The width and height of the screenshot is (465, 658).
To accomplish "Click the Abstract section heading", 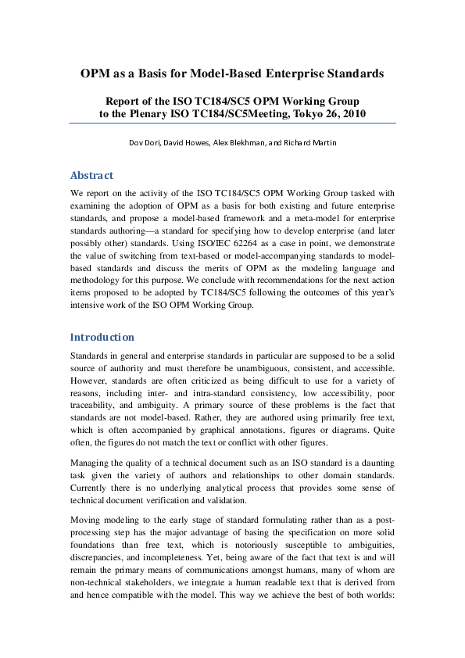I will click(x=91, y=175).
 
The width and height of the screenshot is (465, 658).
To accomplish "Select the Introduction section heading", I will click(x=102, y=338).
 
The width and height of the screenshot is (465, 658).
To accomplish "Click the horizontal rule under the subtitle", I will click(x=232, y=123).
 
